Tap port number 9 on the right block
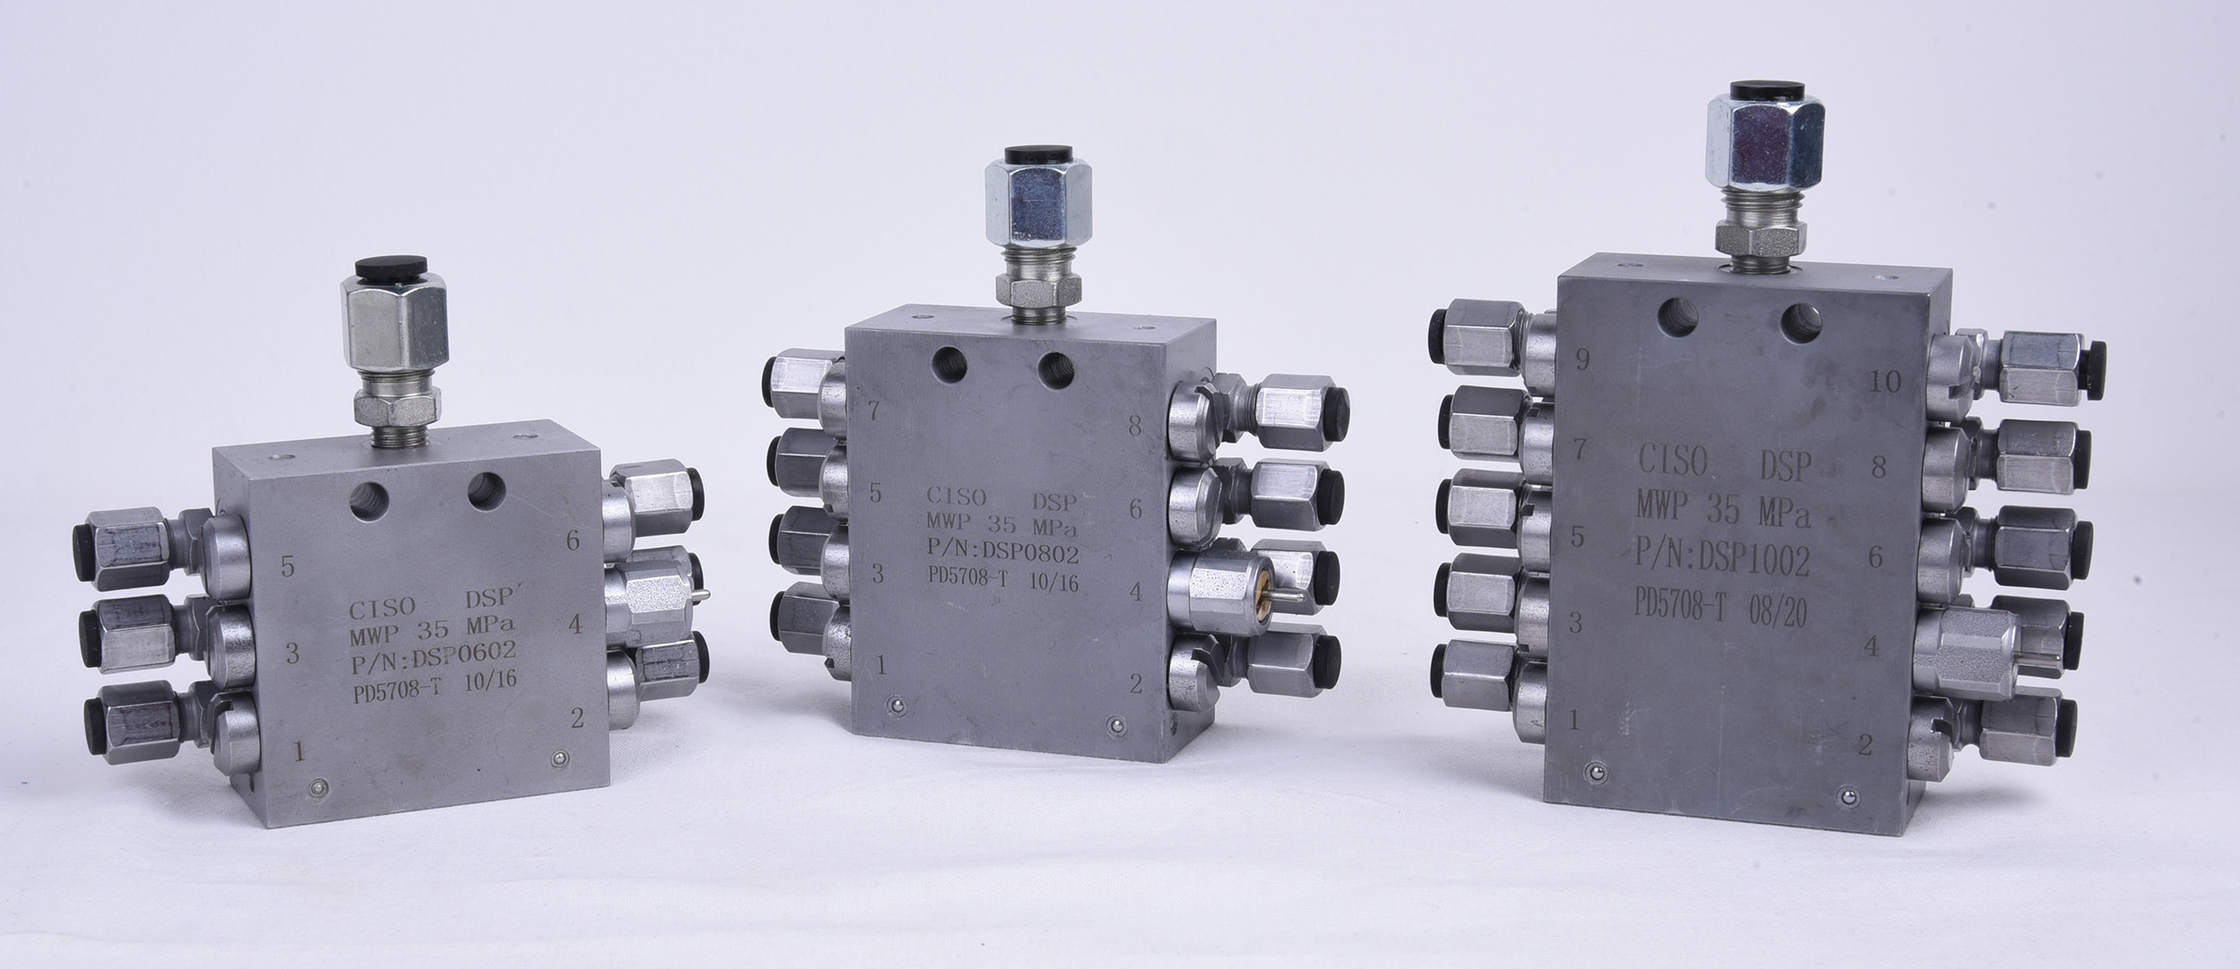click(1583, 361)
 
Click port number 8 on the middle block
click(1134, 427)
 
